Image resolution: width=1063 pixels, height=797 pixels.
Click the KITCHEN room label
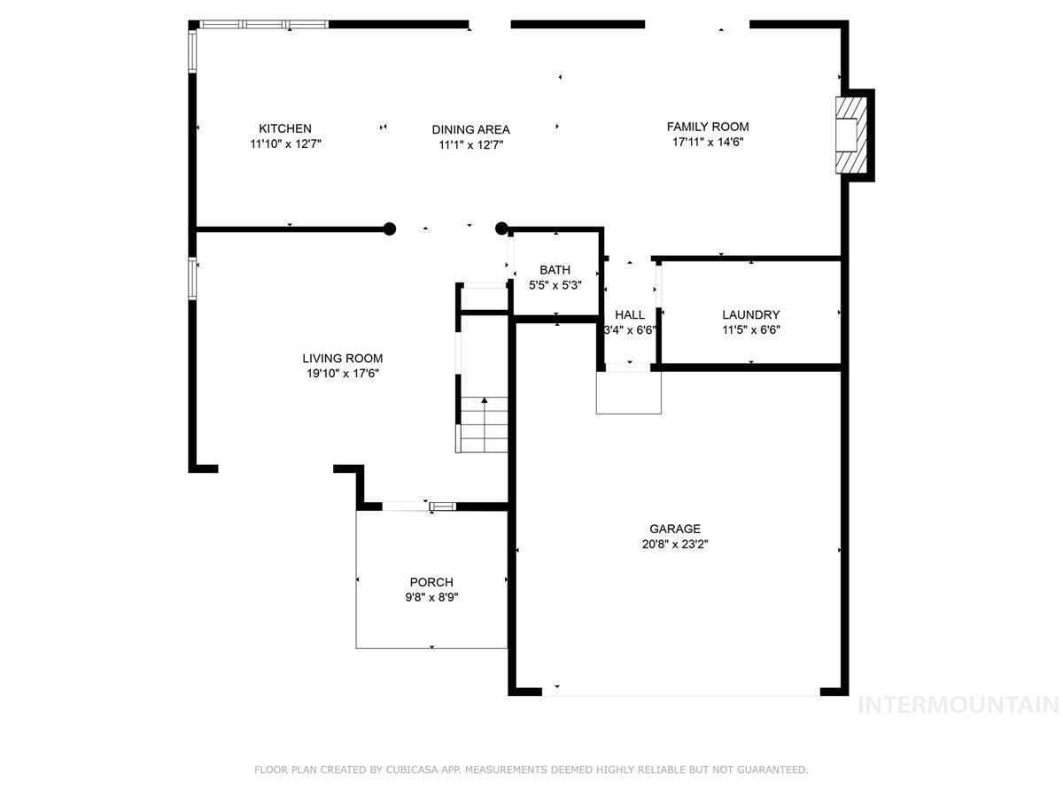(284, 128)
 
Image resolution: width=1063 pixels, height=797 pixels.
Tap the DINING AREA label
(470, 129)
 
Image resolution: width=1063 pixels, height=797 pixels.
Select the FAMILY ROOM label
(708, 127)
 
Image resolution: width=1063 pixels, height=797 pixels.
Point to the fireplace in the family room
(851, 135)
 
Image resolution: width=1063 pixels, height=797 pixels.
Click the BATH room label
(555, 270)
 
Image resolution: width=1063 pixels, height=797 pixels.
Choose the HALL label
(630, 315)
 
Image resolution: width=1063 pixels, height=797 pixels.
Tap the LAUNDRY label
(751, 315)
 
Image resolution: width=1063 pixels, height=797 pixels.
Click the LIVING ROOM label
(343, 359)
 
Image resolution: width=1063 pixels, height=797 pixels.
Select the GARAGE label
(675, 529)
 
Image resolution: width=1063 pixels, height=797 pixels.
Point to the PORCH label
(431, 582)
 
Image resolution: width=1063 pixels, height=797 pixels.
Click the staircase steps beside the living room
(484, 424)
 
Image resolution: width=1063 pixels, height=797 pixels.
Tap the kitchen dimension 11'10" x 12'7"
(286, 144)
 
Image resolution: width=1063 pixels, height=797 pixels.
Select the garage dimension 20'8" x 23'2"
(675, 545)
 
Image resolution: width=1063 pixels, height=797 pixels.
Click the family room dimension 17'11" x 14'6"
(708, 143)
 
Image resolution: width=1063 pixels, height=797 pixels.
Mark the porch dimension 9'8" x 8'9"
(431, 598)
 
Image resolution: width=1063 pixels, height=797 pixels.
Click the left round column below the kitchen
(390, 228)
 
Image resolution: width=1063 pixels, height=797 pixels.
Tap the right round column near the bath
(501, 228)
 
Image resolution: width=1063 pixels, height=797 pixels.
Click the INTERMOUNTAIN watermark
(958, 705)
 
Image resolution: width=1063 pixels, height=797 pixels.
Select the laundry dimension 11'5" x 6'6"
(751, 330)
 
